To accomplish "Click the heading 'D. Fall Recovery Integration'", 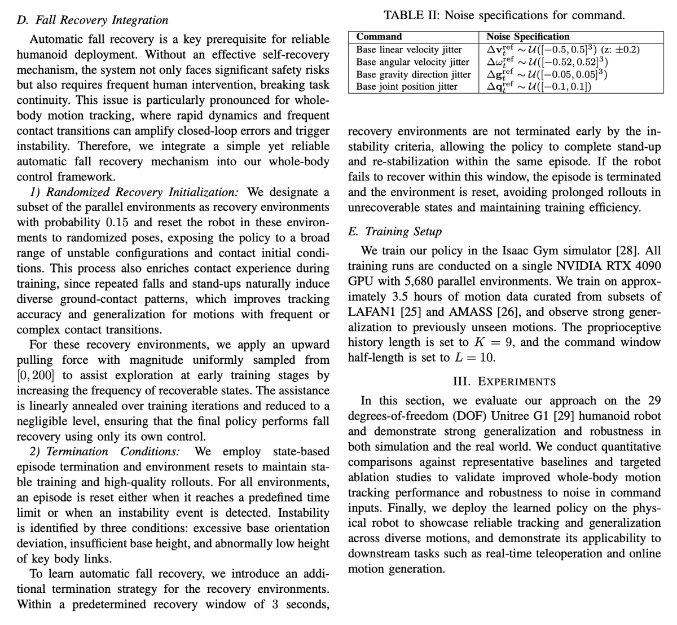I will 93,20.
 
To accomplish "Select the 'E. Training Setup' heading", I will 395,232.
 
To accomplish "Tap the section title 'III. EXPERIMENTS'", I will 504,382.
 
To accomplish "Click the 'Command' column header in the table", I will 379,37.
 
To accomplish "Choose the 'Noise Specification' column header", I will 527,37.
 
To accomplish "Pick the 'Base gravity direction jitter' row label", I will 413,74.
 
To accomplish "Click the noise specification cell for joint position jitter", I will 539,87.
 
